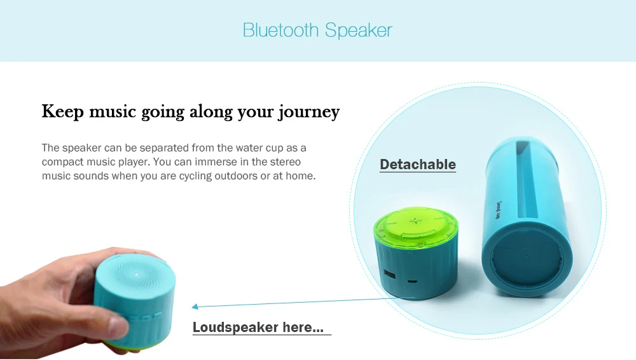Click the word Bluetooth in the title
[280, 30]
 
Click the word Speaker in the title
[359, 31]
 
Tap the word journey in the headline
[308, 112]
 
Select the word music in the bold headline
[113, 111]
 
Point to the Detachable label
[418, 164]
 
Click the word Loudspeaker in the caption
[235, 327]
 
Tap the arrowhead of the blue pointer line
[195, 307]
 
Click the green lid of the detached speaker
[415, 226]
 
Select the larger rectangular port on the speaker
[389, 274]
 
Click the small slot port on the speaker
[412, 281]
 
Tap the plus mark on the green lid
[415, 221]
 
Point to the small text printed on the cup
[499, 210]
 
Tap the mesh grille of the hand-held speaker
[136, 275]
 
